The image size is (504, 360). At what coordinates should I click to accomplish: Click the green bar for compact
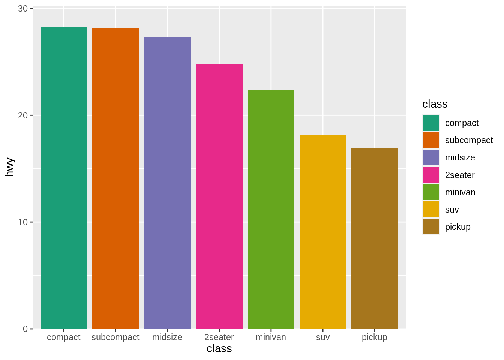(x=64, y=178)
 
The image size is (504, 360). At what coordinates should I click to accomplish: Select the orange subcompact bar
(x=115, y=178)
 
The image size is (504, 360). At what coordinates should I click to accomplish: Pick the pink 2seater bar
(x=219, y=196)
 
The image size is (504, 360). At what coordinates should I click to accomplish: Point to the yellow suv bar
(x=322, y=232)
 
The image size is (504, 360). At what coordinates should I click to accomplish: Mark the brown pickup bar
(x=375, y=238)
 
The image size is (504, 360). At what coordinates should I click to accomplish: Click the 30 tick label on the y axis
(x=23, y=9)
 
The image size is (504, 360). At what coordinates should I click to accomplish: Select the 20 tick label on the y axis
(x=23, y=115)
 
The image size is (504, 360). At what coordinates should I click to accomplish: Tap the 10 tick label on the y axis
(x=23, y=222)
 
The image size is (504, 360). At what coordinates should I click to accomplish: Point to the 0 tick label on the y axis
(x=25, y=329)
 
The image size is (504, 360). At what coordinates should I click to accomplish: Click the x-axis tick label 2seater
(x=219, y=337)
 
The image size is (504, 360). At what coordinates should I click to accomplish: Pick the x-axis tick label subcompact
(x=115, y=337)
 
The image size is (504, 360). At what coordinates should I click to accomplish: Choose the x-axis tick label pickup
(x=375, y=337)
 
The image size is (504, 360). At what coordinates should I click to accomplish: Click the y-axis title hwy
(x=9, y=167)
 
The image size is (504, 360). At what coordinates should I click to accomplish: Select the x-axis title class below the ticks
(x=219, y=348)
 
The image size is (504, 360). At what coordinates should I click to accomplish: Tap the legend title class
(x=435, y=104)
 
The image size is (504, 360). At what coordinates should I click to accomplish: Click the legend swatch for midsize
(x=430, y=157)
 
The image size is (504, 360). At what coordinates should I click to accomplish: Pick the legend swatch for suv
(x=430, y=209)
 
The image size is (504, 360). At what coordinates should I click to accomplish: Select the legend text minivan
(x=460, y=192)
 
